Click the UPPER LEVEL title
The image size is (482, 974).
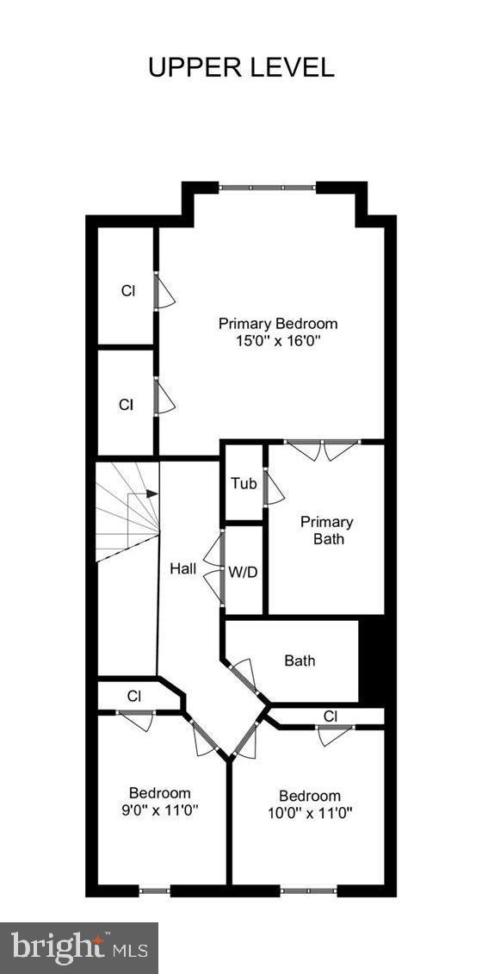[x=241, y=67]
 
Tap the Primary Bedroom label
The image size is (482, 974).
[x=277, y=324]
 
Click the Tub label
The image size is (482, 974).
[x=244, y=483]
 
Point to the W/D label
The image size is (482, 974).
[x=244, y=570]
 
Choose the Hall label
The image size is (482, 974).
[x=182, y=568]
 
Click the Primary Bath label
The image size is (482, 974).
[x=326, y=530]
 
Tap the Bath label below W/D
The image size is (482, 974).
[x=300, y=661]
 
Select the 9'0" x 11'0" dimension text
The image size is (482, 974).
[x=160, y=810]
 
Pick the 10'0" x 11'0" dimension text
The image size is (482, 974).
[x=310, y=812]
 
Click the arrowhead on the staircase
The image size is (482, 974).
[x=152, y=493]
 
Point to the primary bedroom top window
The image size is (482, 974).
[x=267, y=186]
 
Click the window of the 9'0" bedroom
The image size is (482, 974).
[x=155, y=890]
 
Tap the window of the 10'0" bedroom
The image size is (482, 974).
[x=308, y=890]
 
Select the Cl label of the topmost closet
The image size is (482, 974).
[x=127, y=290]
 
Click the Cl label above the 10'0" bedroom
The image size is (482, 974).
[x=330, y=716]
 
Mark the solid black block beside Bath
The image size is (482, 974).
[x=371, y=661]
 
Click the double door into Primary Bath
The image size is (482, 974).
[x=323, y=450]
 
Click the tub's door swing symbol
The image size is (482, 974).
[x=274, y=488]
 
